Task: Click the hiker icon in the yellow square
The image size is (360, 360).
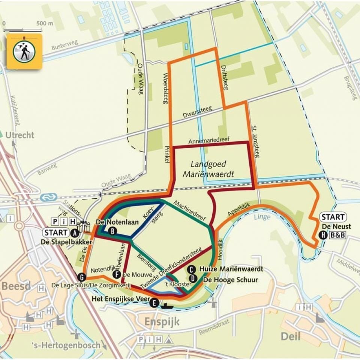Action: tap(24, 51)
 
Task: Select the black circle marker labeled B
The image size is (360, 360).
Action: tap(112, 231)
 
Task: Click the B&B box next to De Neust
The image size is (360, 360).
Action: tap(338, 235)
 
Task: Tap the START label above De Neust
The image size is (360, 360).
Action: tap(333, 217)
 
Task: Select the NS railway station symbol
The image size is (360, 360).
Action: tap(48, 196)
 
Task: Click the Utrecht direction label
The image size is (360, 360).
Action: tap(20, 135)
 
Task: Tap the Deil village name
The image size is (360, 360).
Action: tap(291, 336)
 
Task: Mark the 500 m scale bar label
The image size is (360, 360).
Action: tap(45, 22)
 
